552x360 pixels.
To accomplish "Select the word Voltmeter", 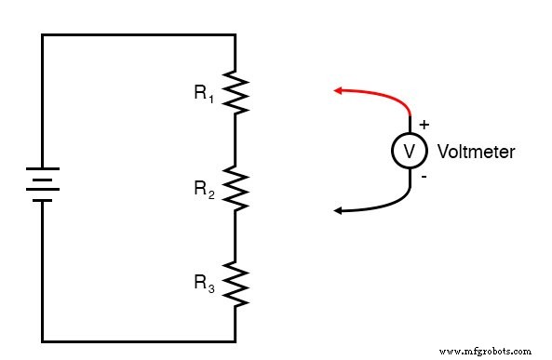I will [x=476, y=152].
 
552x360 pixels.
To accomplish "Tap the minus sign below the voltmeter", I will [x=424, y=177].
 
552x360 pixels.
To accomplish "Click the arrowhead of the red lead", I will [x=338, y=90].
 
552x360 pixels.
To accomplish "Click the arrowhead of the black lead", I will [x=338, y=211].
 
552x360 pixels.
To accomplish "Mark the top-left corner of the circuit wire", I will [x=43, y=34].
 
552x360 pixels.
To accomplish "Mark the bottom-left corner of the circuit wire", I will [x=43, y=340].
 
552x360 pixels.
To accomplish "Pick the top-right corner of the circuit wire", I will [x=235, y=34].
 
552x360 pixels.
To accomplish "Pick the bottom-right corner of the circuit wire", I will [x=235, y=340].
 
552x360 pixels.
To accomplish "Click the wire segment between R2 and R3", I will [x=235, y=237].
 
